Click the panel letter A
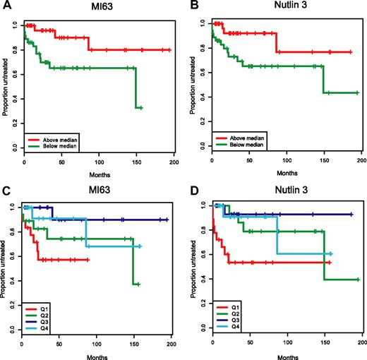pos(5,6)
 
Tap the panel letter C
pos(5,187)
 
